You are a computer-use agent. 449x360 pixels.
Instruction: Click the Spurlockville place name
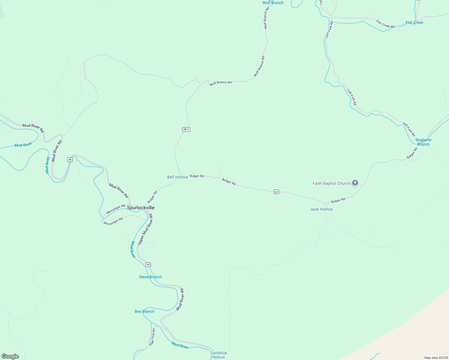[x=140, y=208]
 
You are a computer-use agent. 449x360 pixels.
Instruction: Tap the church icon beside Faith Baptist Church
[x=355, y=183]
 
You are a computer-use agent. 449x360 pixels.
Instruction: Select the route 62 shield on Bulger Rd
[x=276, y=192]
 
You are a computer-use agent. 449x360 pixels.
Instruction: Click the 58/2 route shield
[x=186, y=129]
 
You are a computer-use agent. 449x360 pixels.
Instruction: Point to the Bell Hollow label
[x=177, y=177]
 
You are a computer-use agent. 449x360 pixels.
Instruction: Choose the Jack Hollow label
[x=321, y=209]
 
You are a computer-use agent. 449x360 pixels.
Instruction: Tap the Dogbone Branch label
[x=423, y=142]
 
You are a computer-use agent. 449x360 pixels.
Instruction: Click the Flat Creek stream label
[x=414, y=22]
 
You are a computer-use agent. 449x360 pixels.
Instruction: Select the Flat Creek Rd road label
[x=385, y=24]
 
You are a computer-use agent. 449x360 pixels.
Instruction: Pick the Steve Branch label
[x=150, y=277]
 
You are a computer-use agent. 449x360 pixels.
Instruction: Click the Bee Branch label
[x=144, y=311]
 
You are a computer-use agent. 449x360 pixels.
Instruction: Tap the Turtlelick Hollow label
[x=218, y=355]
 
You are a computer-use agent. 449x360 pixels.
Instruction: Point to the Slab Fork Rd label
[x=152, y=337]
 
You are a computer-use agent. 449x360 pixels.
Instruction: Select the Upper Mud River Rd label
[x=145, y=229]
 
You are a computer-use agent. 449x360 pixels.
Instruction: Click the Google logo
[x=10, y=356]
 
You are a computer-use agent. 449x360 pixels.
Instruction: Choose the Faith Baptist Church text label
[x=331, y=183]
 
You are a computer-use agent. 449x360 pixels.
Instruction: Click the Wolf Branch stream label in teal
[x=273, y=3]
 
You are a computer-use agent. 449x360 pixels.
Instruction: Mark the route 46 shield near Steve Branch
[x=148, y=265]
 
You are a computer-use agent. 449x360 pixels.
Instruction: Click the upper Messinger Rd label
[x=116, y=209]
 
